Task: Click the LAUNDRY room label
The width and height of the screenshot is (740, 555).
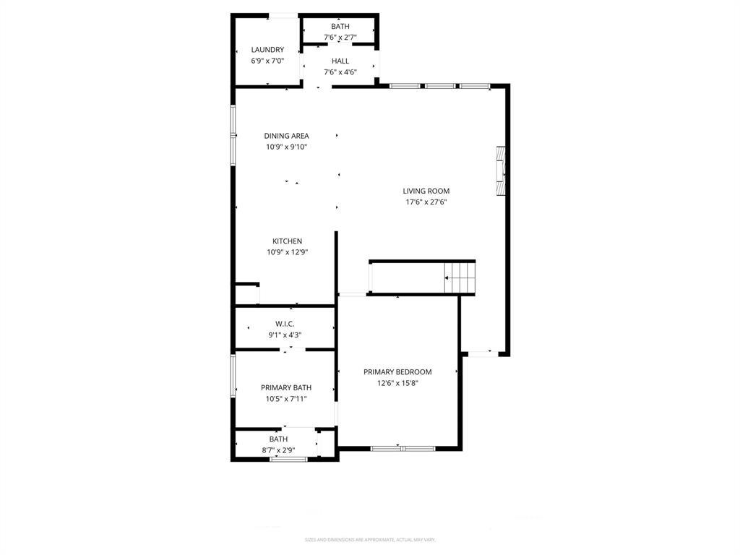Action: (267, 50)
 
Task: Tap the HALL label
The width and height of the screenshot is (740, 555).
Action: (340, 61)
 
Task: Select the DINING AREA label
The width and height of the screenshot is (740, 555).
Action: (286, 136)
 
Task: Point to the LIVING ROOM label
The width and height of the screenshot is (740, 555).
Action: (426, 192)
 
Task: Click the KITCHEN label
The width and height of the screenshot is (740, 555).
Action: (287, 241)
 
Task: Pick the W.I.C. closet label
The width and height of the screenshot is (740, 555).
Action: (284, 324)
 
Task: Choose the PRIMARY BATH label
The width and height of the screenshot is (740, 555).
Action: (286, 388)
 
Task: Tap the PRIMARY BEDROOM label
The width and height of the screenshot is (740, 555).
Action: (397, 372)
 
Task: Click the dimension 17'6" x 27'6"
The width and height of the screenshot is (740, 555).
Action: (426, 202)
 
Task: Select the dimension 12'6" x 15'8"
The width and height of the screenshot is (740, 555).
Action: (397, 383)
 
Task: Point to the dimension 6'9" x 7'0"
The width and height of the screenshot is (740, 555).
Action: (267, 61)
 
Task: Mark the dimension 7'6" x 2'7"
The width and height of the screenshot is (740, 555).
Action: (340, 37)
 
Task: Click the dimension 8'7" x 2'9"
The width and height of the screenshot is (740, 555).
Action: (278, 449)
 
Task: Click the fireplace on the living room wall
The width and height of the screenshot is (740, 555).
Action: (500, 171)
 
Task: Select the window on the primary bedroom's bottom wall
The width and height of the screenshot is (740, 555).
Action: (403, 449)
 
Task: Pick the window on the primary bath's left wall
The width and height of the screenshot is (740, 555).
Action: (233, 375)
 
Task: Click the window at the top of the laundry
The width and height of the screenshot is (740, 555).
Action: (283, 15)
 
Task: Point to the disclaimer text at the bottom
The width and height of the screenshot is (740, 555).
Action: (370, 540)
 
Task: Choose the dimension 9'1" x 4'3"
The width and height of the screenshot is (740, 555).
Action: (284, 335)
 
